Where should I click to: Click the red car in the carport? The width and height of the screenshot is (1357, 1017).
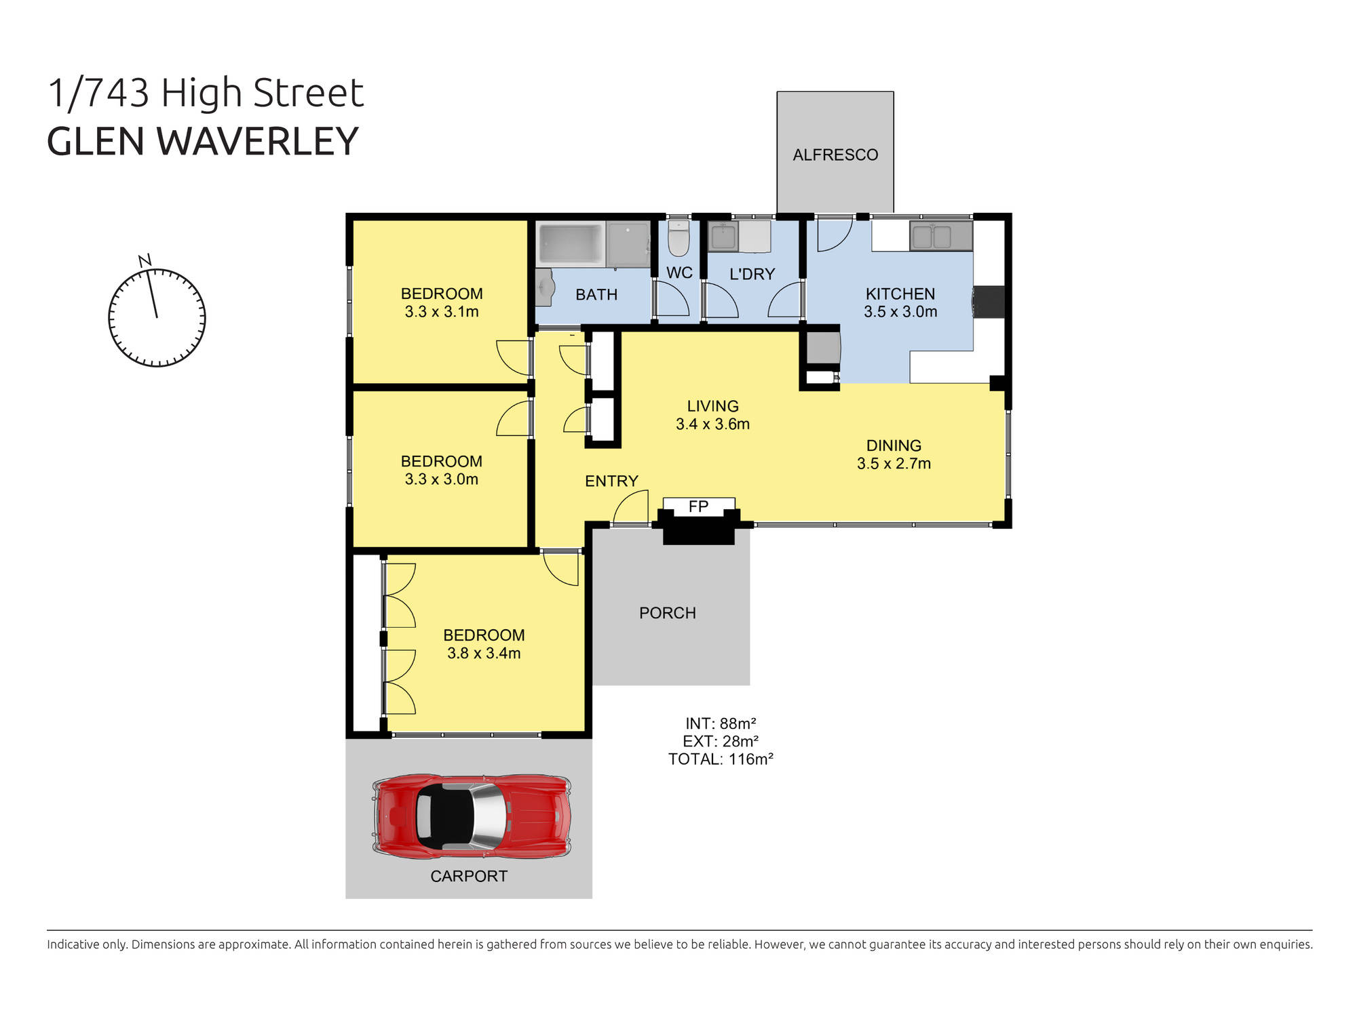[x=472, y=816]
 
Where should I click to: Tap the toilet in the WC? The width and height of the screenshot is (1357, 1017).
[x=678, y=238]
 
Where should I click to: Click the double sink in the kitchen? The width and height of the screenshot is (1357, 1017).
[x=940, y=237]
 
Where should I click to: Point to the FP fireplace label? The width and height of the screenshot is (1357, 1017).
[x=698, y=506]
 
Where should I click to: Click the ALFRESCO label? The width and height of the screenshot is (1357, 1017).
[x=835, y=155]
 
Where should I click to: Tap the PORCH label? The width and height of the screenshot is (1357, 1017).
[x=667, y=613]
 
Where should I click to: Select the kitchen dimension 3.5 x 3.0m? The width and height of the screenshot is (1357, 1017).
[x=900, y=312]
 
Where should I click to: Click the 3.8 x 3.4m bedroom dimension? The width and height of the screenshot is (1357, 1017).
[x=483, y=654]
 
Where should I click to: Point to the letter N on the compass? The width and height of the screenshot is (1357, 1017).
[x=145, y=260]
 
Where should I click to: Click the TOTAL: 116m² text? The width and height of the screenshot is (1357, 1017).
[x=721, y=759]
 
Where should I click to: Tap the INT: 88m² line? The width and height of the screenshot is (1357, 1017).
[x=721, y=723]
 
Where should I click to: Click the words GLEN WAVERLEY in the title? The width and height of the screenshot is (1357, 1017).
[x=202, y=141]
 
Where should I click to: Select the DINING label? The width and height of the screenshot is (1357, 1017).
[x=893, y=445]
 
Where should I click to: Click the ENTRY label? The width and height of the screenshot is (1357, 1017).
[x=611, y=481]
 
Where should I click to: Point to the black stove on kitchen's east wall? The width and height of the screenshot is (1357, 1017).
[x=989, y=302]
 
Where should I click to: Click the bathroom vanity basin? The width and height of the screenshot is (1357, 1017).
[x=544, y=285]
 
